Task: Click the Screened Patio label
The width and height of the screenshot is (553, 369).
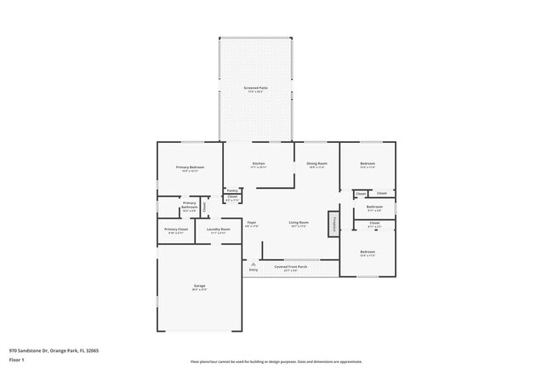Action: pos(255,88)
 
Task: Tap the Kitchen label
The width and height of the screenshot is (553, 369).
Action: pos(258,163)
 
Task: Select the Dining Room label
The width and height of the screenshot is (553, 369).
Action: pos(317,163)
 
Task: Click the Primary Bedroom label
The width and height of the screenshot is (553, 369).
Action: pos(190,167)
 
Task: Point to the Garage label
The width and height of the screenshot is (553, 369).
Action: pos(199,286)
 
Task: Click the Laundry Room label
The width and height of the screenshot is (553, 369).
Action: pos(218,229)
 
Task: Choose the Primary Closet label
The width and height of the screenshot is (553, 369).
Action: pos(176,229)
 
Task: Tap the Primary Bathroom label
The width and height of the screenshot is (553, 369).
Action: pos(190,204)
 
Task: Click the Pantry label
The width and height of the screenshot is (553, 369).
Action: pos(232,190)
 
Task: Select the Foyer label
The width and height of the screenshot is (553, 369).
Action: pos(252,223)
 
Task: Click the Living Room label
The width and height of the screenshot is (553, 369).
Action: pos(298,223)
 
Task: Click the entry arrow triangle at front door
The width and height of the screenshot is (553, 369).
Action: pos(253,264)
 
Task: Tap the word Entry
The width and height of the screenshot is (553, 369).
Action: pos(253,270)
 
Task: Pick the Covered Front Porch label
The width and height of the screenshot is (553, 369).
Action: pos(292,267)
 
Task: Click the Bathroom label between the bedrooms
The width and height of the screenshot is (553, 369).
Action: pos(374,207)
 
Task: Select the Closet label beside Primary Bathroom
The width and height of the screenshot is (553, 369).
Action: pos(204,206)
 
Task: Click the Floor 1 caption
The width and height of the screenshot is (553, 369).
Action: pos(16,360)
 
